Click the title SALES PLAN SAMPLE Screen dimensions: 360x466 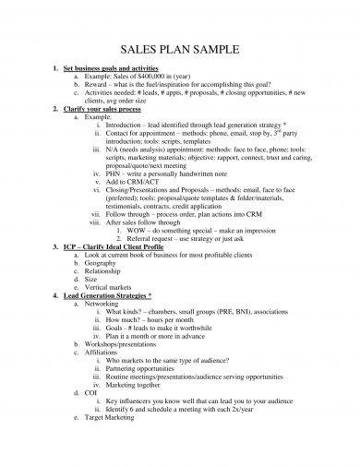(180, 49)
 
